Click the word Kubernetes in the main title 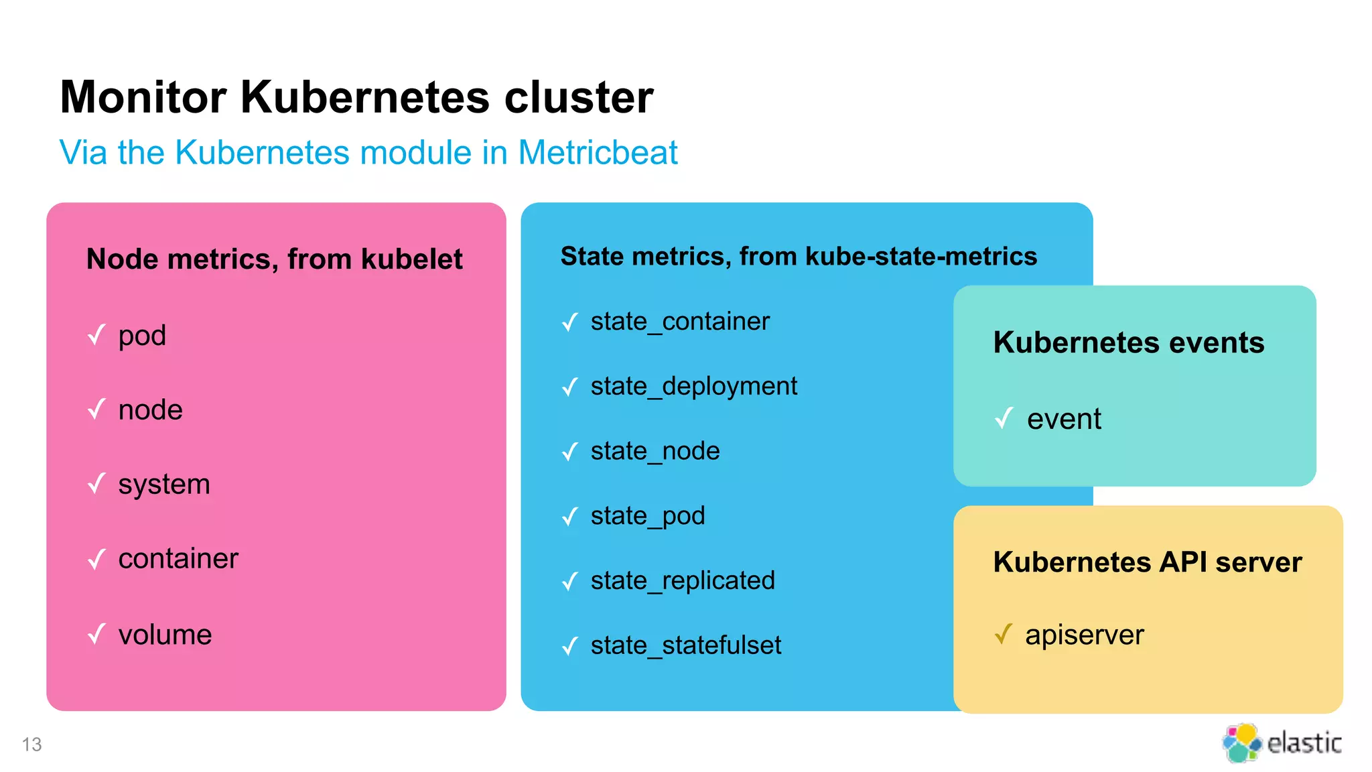pyautogui.click(x=365, y=98)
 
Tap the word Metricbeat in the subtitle pyautogui.click(x=598, y=153)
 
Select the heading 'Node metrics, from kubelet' pyautogui.click(x=274, y=259)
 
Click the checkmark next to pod pyautogui.click(x=97, y=334)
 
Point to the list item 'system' pyautogui.click(x=164, y=485)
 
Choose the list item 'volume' pyautogui.click(x=165, y=635)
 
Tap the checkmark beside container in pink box pyautogui.click(x=97, y=559)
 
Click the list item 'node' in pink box pyautogui.click(x=150, y=410)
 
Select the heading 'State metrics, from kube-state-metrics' pyautogui.click(x=799, y=257)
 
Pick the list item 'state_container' pyautogui.click(x=680, y=322)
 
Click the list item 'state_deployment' pyautogui.click(x=693, y=387)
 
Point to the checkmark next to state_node pyautogui.click(x=570, y=452)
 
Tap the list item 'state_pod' pyautogui.click(x=648, y=516)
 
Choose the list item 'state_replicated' pyautogui.click(x=683, y=581)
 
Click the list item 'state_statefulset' pyautogui.click(x=685, y=645)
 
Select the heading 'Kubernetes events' pyautogui.click(x=1129, y=342)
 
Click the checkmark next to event pyautogui.click(x=1004, y=419)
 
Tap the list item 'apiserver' pyautogui.click(x=1084, y=635)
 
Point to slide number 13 pyautogui.click(x=31, y=745)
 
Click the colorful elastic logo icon pyautogui.click(x=1241, y=743)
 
